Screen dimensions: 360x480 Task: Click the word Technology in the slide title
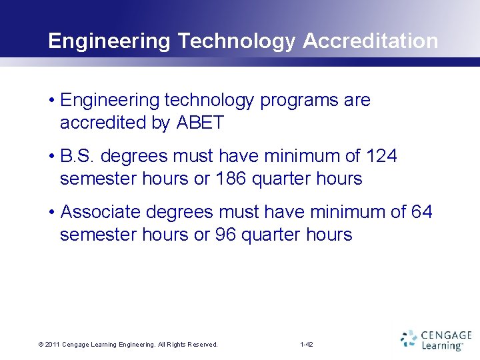coord(236,41)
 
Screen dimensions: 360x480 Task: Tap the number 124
coord(381,156)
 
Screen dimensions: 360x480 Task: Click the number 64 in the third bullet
coord(421,212)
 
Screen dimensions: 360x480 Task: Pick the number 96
coord(225,235)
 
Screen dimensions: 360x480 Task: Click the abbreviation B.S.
coord(77,156)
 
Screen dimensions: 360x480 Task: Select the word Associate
coord(100,212)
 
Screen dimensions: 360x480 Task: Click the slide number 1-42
coord(307,345)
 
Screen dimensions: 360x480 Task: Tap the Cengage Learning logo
coord(436,339)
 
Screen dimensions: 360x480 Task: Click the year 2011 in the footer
coord(53,345)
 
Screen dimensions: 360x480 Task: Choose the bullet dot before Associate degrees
coord(51,213)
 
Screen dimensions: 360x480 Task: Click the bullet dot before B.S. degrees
coord(51,157)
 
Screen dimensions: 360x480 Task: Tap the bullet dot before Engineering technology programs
coord(51,101)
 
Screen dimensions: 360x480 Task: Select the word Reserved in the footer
coord(203,345)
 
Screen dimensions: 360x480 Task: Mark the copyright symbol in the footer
coord(41,345)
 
